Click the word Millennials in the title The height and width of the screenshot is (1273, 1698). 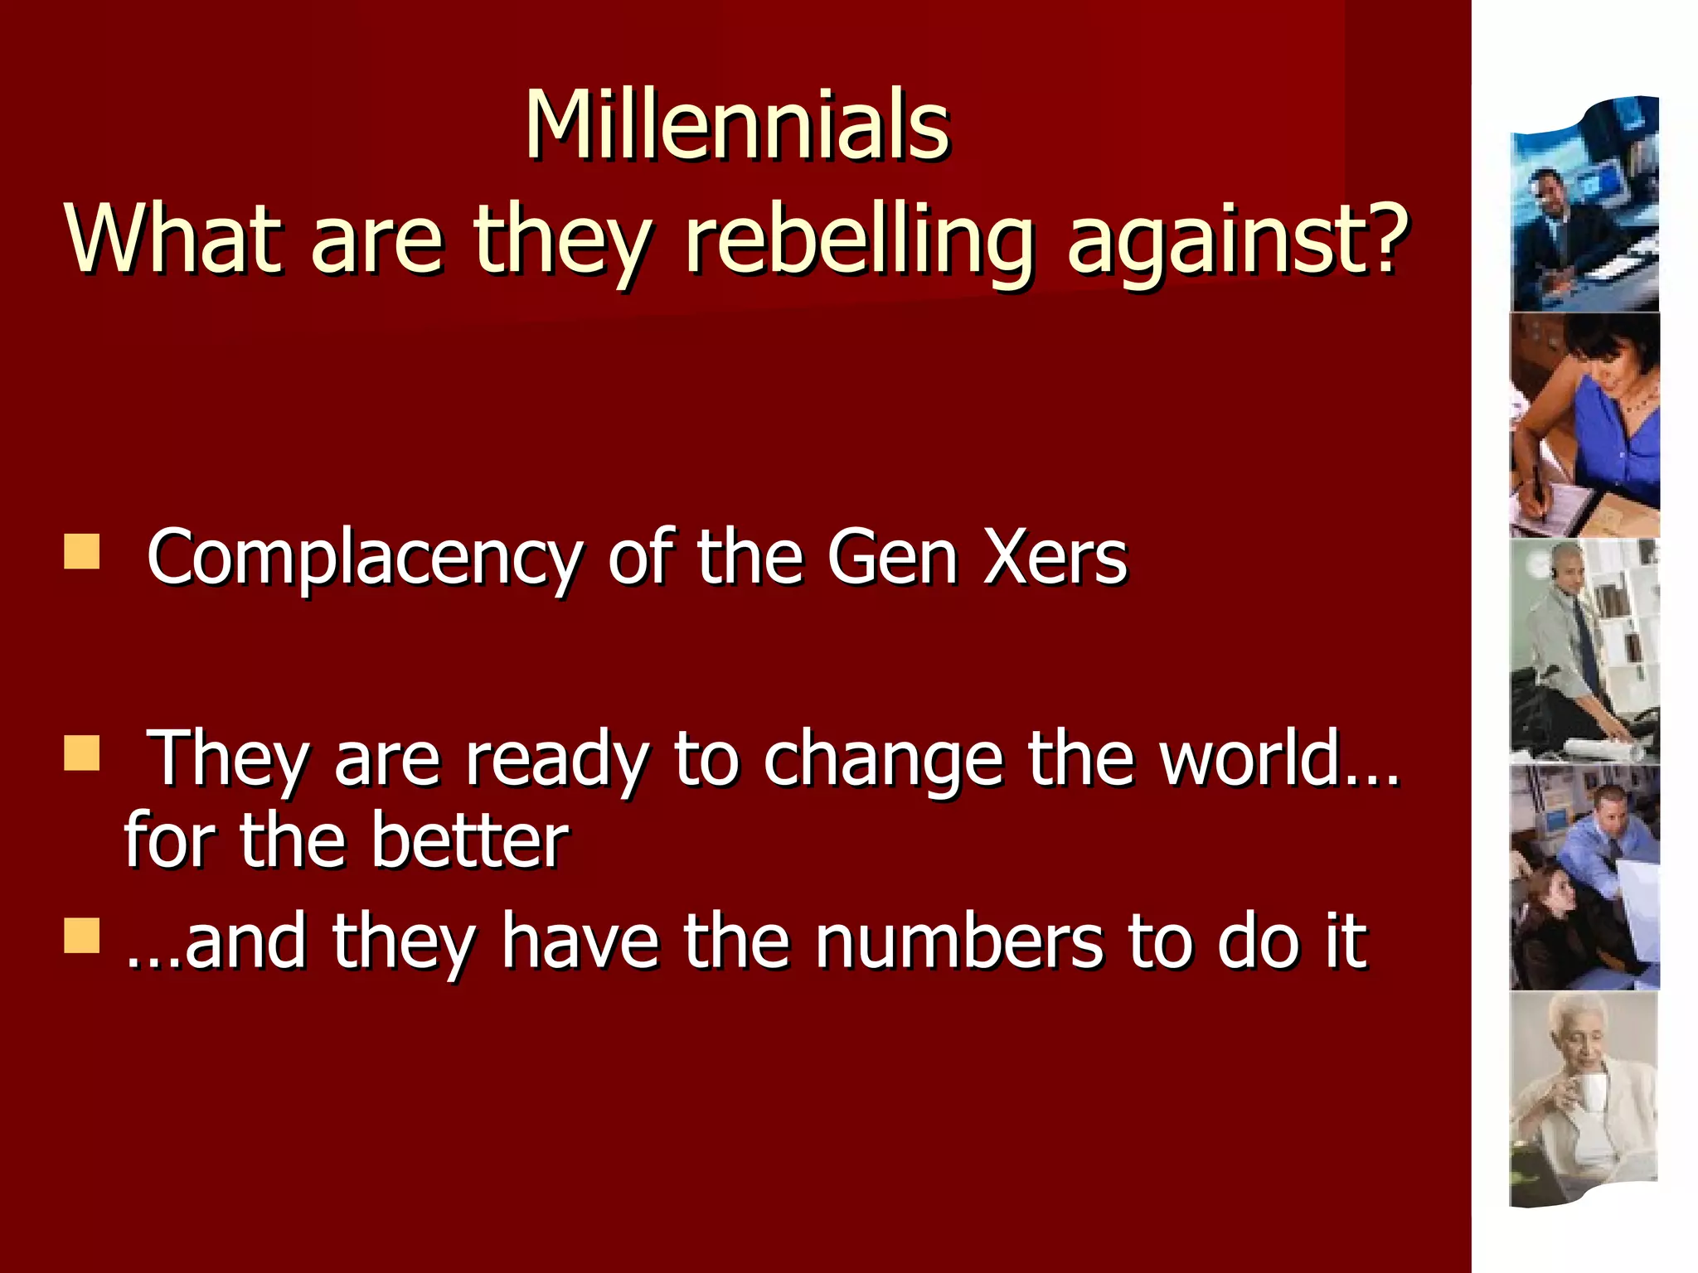click(x=737, y=126)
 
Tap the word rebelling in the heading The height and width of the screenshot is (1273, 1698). click(x=859, y=240)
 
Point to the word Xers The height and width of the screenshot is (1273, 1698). click(x=1055, y=557)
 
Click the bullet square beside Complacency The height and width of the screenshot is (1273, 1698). click(x=81, y=552)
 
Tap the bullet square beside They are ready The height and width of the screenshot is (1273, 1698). click(x=81, y=753)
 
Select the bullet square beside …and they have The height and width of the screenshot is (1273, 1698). click(x=81, y=936)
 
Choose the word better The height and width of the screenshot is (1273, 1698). click(x=469, y=840)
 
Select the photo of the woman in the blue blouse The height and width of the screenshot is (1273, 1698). click(x=1584, y=425)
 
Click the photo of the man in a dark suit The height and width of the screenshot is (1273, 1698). click(x=1584, y=207)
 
